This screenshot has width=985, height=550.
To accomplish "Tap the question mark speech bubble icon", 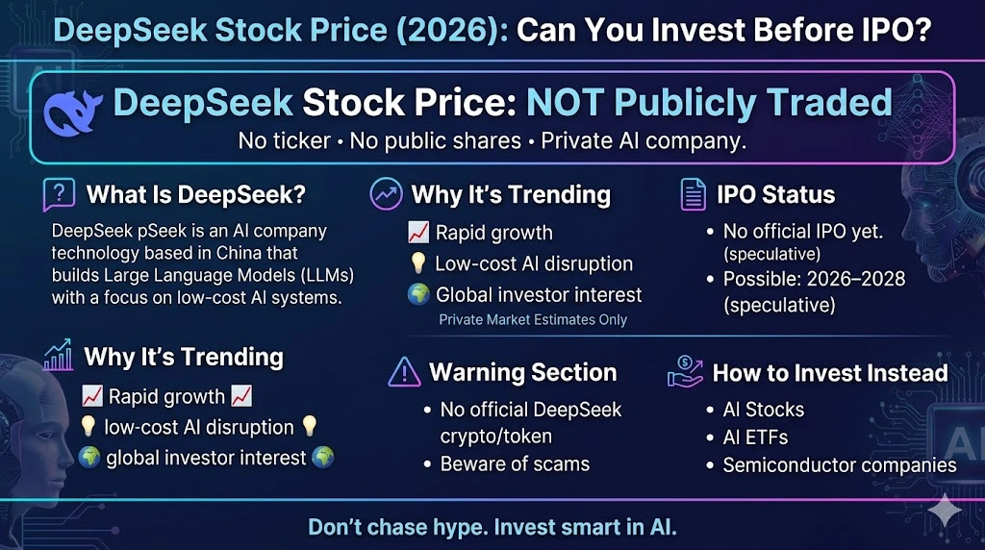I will pyautogui.click(x=59, y=195).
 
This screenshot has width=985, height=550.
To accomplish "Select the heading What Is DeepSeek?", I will pyautogui.click(x=196, y=195).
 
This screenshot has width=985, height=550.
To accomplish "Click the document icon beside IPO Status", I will pyautogui.click(x=693, y=195).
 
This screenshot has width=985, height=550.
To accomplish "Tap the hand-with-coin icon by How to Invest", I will pyautogui.click(x=685, y=373).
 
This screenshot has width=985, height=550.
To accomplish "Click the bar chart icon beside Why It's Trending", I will pyautogui.click(x=59, y=358).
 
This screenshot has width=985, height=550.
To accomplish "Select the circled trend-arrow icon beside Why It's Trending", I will pyautogui.click(x=386, y=194).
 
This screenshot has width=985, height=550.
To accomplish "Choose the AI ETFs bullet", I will pyautogui.click(x=755, y=437).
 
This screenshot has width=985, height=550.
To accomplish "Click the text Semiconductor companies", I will pyautogui.click(x=840, y=465).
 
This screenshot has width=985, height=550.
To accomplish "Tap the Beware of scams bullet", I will pyautogui.click(x=515, y=463).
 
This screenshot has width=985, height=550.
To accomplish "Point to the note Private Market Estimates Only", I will pyautogui.click(x=533, y=320).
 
